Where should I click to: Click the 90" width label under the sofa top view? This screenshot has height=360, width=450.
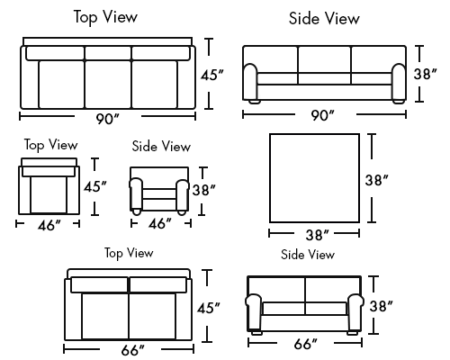[x=107, y=119]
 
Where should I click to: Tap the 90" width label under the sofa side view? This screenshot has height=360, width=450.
[x=322, y=115]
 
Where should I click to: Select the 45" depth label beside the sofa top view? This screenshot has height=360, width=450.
[x=212, y=75]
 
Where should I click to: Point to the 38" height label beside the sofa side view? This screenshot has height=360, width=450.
[x=425, y=74]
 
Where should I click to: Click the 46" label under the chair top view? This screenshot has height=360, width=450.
[x=49, y=225]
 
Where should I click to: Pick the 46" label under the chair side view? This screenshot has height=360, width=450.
[x=160, y=223]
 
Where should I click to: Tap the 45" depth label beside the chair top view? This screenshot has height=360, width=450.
[x=95, y=186]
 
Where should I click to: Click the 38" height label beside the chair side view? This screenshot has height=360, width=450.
[x=204, y=190]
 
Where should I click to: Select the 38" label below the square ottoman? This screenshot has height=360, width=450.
[x=318, y=235]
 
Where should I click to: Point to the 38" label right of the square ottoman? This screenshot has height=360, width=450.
[x=377, y=180]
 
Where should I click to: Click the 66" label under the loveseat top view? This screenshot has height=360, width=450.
[x=133, y=350]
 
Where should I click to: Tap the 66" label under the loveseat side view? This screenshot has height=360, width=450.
[x=306, y=344]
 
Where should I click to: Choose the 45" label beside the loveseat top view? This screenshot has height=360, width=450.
[x=209, y=308]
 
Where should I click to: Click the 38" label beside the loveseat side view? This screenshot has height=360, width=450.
[x=382, y=306]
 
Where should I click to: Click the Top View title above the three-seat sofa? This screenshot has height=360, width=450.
[x=105, y=17]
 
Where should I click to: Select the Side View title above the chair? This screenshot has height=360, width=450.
[x=161, y=146]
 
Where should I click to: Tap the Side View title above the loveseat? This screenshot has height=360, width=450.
[x=308, y=255]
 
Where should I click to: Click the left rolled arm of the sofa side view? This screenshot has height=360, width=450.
[x=250, y=82]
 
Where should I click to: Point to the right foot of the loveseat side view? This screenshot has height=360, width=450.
[x=352, y=332]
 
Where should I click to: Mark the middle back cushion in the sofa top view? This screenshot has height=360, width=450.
[x=108, y=53]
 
